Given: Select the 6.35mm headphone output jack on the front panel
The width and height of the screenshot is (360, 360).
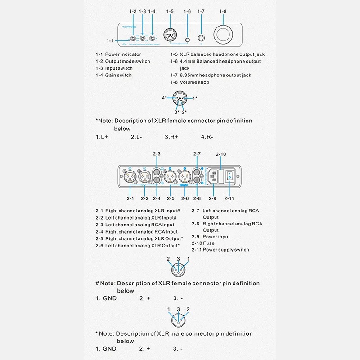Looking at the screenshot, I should (x=201, y=39).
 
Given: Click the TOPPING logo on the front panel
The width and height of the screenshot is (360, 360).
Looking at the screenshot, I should (x=127, y=28).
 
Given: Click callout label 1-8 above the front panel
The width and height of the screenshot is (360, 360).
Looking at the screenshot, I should (x=223, y=11).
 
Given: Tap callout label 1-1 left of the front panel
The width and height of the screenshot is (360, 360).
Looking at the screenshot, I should (x=110, y=41).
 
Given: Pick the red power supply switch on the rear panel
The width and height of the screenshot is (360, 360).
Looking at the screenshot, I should (x=229, y=175).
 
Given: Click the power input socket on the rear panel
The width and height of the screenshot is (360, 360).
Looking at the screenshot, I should (x=215, y=175).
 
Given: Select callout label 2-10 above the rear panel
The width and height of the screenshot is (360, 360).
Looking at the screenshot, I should (x=221, y=154).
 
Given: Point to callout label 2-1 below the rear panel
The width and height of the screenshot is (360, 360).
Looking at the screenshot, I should (x=130, y=198).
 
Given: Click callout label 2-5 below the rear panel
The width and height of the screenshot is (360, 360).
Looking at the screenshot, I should (x=171, y=198).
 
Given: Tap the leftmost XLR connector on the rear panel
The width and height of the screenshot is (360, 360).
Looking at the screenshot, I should (x=130, y=175).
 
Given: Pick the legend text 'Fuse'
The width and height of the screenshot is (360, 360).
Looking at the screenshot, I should (x=209, y=243).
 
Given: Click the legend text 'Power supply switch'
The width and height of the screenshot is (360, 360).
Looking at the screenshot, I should (x=226, y=250).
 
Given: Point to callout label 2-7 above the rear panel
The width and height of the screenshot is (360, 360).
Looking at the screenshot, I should (x=197, y=154).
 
